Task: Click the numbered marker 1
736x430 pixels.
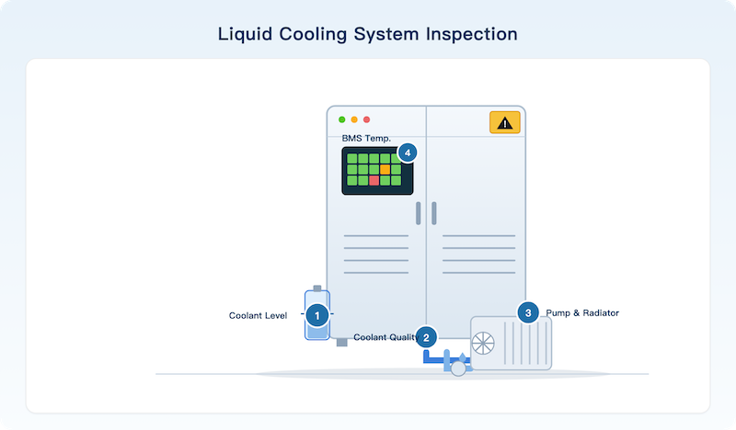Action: pos(317,315)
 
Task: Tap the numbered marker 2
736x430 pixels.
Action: pos(426,337)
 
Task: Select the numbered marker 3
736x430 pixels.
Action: pos(528,312)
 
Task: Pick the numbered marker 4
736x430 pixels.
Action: pos(408,153)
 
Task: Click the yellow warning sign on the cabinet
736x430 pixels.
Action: pos(505,122)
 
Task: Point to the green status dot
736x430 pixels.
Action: pos(341,119)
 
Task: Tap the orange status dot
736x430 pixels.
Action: pos(354,119)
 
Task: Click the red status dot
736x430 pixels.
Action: pos(366,119)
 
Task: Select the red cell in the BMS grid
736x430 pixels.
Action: pos(374,180)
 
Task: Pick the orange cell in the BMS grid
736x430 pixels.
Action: pos(385,169)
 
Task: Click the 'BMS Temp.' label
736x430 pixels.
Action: pos(366,139)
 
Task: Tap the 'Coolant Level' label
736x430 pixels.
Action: pos(258,315)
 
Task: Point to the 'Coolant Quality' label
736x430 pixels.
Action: pos(385,337)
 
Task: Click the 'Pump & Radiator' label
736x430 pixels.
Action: pos(582,312)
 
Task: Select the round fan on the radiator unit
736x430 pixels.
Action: pos(483,344)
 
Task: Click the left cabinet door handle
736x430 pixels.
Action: pos(419,213)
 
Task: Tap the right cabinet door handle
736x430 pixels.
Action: pos(434,213)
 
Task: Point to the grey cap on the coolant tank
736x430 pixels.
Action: pos(317,289)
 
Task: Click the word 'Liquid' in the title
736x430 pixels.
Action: pos(245,34)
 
